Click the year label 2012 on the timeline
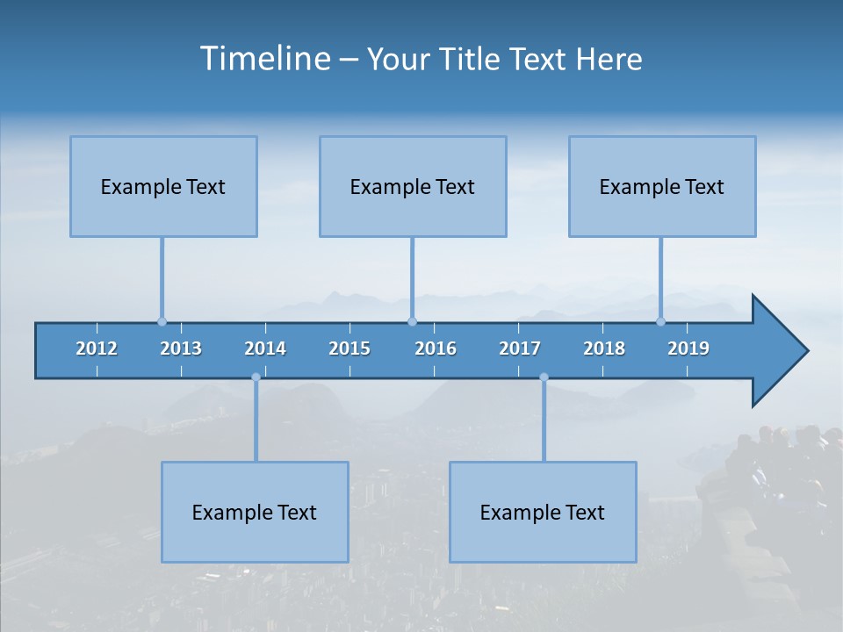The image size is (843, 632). point(97,348)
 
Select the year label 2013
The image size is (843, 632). point(181,348)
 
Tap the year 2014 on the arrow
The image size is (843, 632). point(265,348)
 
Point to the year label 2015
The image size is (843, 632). point(349,348)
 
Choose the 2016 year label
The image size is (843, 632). point(436,348)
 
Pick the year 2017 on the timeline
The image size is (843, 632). point(520,348)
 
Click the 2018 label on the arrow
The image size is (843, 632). point(604,348)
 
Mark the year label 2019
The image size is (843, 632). point(688,348)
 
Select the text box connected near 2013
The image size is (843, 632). point(163,186)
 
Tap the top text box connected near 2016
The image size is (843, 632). point(413,186)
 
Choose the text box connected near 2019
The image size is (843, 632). point(662,186)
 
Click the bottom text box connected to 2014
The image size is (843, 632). point(255,512)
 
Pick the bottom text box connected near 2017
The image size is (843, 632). point(543,512)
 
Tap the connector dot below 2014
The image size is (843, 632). point(256,377)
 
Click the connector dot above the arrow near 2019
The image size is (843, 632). point(661,321)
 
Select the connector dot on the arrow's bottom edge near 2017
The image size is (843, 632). point(544,377)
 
